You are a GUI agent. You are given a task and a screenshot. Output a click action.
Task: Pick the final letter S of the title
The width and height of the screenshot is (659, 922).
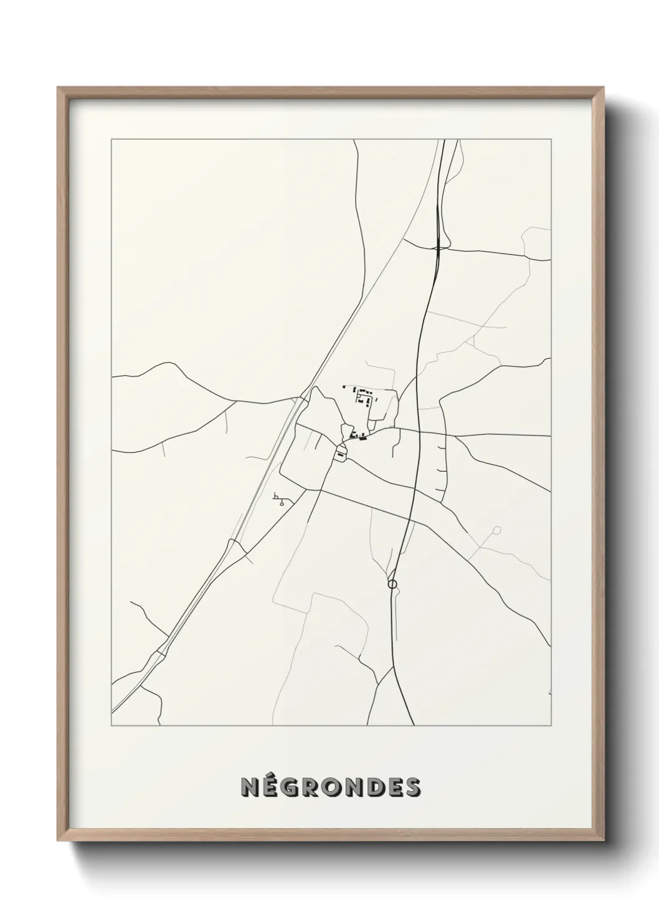(x=412, y=787)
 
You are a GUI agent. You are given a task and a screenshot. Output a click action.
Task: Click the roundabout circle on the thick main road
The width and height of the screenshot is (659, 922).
(x=392, y=584)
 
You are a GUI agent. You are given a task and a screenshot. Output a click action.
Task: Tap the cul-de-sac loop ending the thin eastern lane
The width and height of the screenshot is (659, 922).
(x=496, y=531)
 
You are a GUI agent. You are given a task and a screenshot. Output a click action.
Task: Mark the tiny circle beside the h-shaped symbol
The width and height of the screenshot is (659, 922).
(x=282, y=503)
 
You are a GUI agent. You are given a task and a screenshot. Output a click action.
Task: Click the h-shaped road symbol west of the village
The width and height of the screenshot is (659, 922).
(x=275, y=497)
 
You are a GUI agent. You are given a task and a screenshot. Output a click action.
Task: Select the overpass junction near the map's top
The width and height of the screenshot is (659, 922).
(x=440, y=247)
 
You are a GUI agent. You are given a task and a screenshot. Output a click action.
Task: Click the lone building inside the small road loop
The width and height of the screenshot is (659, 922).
(x=339, y=456)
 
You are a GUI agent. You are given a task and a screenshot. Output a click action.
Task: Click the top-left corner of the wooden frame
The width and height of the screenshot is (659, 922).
(x=59, y=88)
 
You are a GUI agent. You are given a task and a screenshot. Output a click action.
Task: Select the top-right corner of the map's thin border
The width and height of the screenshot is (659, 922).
(x=551, y=140)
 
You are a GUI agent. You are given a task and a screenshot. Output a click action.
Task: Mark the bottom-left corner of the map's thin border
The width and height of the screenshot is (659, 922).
(x=111, y=726)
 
